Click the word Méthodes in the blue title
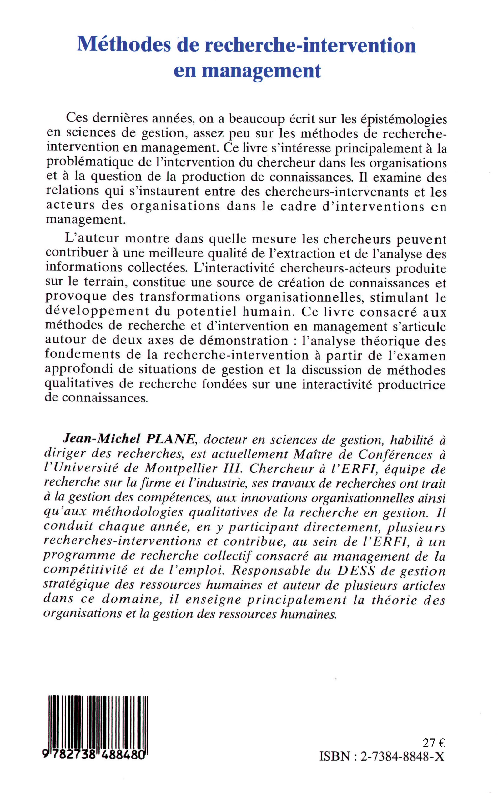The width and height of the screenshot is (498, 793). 123,45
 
